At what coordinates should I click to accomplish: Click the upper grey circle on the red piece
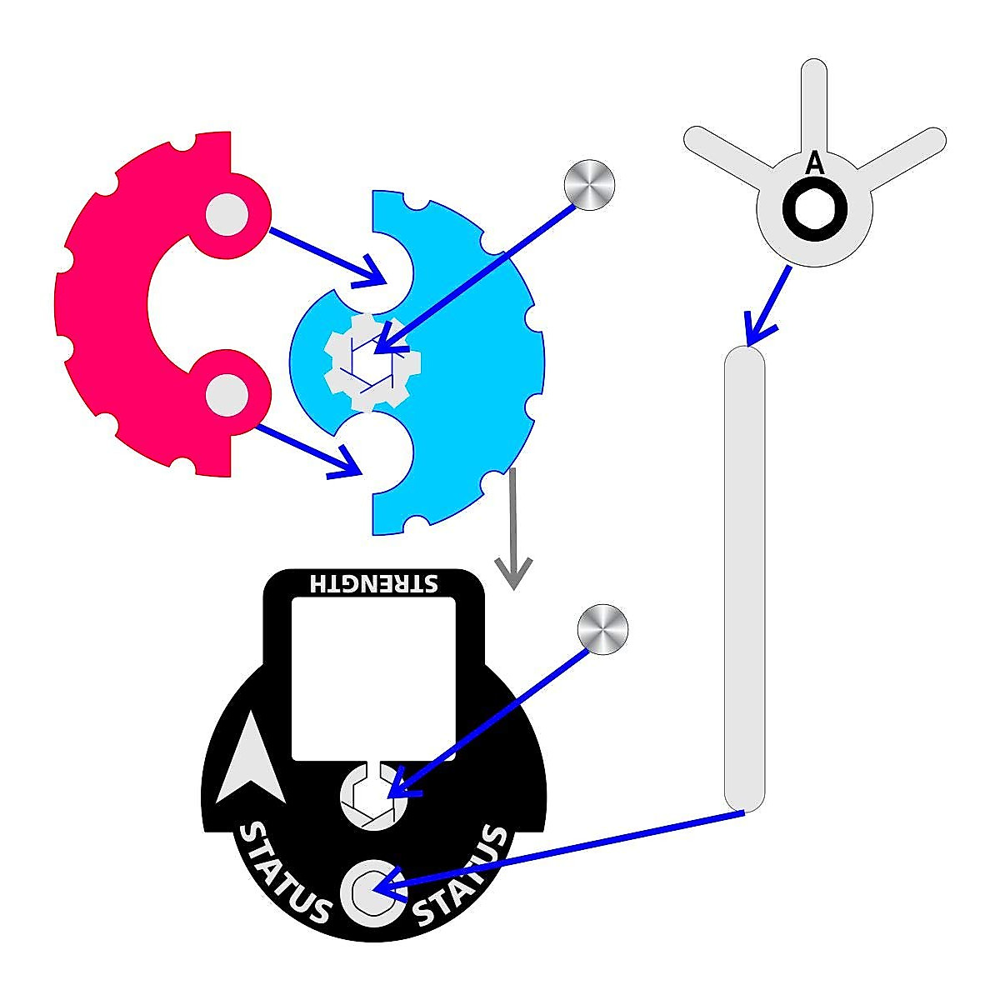[227, 214]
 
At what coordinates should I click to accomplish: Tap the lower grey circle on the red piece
[227, 392]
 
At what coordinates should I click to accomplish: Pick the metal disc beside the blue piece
[589, 183]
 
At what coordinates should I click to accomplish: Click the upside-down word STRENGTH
[372, 582]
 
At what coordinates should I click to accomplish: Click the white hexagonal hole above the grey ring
[373, 796]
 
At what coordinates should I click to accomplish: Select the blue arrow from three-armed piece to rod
[767, 305]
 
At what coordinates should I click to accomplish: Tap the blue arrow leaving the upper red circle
[325, 253]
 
